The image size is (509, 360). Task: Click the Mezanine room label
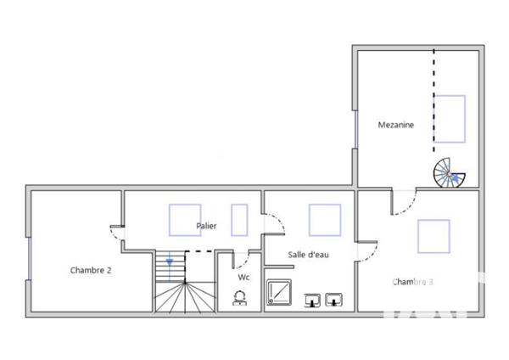pyautogui.click(x=396, y=126)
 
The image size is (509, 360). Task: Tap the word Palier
pyautogui.click(x=206, y=226)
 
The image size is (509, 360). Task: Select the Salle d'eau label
pyautogui.click(x=308, y=255)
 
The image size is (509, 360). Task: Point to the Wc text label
pyautogui.click(x=243, y=277)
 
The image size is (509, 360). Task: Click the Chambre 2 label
pyautogui.click(x=91, y=270)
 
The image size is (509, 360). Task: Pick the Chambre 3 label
pyautogui.click(x=413, y=281)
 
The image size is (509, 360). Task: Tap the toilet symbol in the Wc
pyautogui.click(x=240, y=297)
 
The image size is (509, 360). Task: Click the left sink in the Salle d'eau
pyautogui.click(x=312, y=298)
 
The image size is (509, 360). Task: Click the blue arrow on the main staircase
pyautogui.click(x=170, y=262)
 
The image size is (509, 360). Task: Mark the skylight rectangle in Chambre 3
pyautogui.click(x=433, y=236)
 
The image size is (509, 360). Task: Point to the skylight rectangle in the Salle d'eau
pyautogui.click(x=324, y=219)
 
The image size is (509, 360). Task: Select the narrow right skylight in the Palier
pyautogui.click(x=238, y=219)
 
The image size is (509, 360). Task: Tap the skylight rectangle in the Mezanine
pyautogui.click(x=450, y=119)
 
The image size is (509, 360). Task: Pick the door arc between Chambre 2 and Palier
pyautogui.click(x=116, y=231)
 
